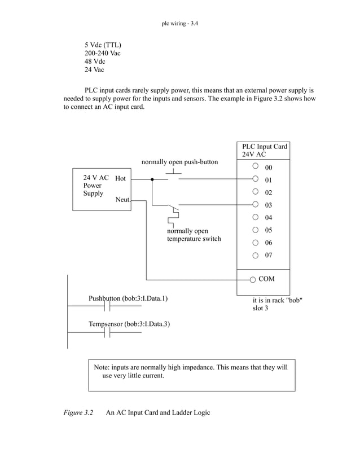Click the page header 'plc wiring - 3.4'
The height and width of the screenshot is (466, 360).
click(x=180, y=24)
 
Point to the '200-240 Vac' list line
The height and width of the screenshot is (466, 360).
click(x=103, y=53)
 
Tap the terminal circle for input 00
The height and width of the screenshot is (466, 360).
click(x=255, y=166)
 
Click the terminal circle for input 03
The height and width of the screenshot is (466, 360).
click(x=255, y=204)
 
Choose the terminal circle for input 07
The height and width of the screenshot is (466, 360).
click(x=255, y=255)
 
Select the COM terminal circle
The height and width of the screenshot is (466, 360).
click(x=252, y=279)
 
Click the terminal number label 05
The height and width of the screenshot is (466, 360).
click(x=269, y=230)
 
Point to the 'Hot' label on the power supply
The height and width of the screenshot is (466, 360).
click(x=120, y=178)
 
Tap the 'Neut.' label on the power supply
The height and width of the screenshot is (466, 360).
click(x=124, y=200)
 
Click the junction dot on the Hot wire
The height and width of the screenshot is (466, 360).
click(x=152, y=179)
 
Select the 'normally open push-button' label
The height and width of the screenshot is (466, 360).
click(x=179, y=162)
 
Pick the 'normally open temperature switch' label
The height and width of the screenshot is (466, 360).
click(x=194, y=235)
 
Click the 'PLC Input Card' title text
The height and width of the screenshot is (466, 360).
click(x=265, y=147)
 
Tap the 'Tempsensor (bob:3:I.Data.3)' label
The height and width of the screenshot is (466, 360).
click(x=129, y=324)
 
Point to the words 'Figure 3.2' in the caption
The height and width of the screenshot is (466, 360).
click(x=78, y=413)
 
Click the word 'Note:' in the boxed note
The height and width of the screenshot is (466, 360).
click(x=102, y=367)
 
